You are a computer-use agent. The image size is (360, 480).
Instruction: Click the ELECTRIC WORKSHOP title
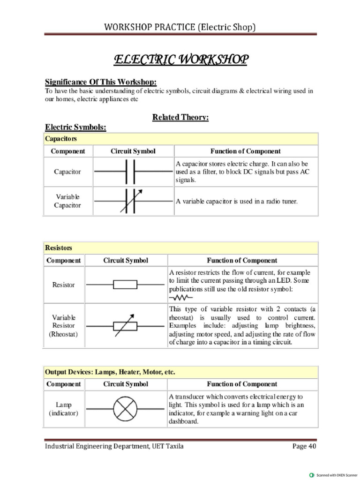click(180, 60)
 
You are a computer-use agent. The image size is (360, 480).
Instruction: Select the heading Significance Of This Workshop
click(100, 82)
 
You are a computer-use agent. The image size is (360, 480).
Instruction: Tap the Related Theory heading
click(180, 117)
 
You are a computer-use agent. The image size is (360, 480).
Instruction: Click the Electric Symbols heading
click(75, 127)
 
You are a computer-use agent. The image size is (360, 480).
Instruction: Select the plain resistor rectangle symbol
click(125, 285)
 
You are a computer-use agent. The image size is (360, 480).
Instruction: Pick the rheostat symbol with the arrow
click(125, 325)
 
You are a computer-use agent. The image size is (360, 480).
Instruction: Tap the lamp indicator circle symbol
click(125, 409)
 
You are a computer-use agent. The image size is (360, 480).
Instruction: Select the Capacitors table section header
click(61, 139)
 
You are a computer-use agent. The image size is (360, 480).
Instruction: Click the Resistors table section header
click(59, 247)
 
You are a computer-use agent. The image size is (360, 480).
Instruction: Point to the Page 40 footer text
click(304, 446)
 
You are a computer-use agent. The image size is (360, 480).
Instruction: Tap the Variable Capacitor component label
click(67, 201)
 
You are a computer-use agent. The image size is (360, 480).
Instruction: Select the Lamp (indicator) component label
click(64, 409)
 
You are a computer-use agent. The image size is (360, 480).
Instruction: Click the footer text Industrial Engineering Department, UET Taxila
click(114, 446)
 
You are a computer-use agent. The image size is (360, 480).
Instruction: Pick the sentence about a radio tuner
click(237, 201)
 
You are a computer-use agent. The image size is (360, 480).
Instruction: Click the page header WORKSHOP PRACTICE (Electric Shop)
click(180, 27)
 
